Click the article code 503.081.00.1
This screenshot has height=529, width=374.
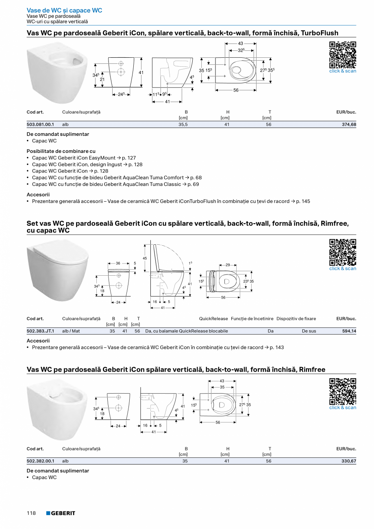[x=40, y=124]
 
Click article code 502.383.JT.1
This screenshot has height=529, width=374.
[x=40, y=331]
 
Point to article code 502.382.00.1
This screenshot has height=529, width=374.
[x=40, y=461]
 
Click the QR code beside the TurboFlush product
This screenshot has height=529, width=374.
[x=343, y=54]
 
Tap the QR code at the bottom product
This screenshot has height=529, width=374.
[x=343, y=391]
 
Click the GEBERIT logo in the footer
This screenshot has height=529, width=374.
[x=61, y=513]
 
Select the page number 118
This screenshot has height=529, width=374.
[x=31, y=513]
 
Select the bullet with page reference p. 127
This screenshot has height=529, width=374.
[x=84, y=158]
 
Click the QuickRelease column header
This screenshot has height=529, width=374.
[x=213, y=319]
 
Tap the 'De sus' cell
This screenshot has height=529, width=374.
[x=309, y=331]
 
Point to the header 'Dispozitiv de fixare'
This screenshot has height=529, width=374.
[x=296, y=319]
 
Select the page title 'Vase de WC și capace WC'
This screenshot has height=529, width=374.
[x=64, y=10]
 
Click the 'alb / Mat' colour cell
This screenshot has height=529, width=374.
[x=71, y=331]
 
